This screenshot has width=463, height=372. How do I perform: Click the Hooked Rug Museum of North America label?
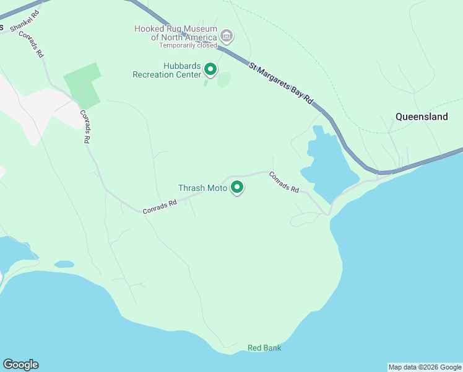click(x=176, y=33)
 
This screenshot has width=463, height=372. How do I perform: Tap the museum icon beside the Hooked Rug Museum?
click(x=227, y=37)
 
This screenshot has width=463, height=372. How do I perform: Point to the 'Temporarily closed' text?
click(x=188, y=45)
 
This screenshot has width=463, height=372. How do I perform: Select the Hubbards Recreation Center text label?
click(x=167, y=71)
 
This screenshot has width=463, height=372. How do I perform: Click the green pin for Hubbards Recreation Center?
click(x=210, y=69)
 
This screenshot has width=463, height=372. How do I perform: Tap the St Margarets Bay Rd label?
click(x=282, y=86)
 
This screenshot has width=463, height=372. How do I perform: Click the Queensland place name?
click(x=422, y=117)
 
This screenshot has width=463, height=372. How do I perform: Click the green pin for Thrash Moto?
click(x=237, y=187)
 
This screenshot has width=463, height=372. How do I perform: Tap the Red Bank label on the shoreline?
click(x=264, y=348)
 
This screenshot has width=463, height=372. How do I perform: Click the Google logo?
click(x=20, y=365)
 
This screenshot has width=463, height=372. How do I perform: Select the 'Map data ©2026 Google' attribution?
click(x=425, y=367)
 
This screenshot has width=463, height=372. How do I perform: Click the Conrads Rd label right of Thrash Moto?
click(x=284, y=182)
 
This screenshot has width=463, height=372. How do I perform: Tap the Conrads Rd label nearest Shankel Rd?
click(x=32, y=44)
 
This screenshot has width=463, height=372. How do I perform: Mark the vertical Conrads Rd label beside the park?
click(x=85, y=127)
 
